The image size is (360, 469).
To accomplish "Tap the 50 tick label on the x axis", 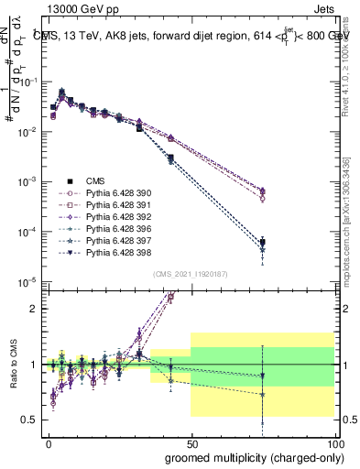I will pyautogui.click(x=191, y=442).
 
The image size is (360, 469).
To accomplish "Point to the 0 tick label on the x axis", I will pyautogui.click(x=49, y=442).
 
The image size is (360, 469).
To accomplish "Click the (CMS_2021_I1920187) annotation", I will pyautogui.click(x=191, y=275).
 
